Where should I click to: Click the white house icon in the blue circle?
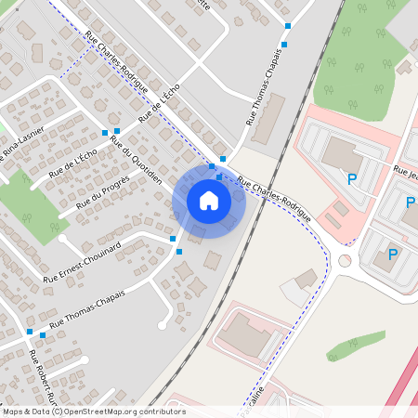tap(209, 200)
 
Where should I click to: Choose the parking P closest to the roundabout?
tap(392, 255)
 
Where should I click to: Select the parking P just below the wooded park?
tap(352, 178)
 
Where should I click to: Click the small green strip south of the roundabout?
tap(355, 345)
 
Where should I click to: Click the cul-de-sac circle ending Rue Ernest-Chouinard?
tap(63, 238)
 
